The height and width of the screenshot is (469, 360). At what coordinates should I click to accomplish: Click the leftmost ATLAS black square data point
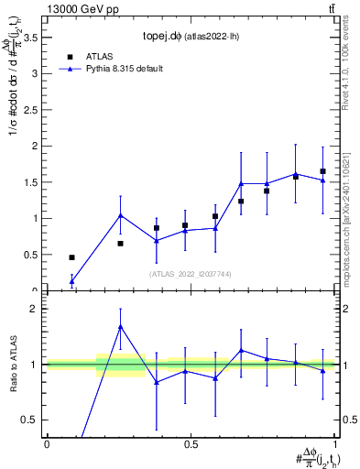(71, 257)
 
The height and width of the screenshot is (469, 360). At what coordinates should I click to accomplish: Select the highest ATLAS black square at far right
(322, 171)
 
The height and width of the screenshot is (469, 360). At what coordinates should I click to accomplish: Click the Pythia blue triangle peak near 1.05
(121, 216)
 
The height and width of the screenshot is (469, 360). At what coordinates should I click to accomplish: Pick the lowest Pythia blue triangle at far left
(71, 281)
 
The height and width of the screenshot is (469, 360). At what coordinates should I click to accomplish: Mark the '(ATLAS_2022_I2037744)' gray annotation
(190, 274)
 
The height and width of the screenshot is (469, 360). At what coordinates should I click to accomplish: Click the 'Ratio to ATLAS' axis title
(12, 365)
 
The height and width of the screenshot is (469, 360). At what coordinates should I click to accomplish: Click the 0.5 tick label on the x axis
(191, 444)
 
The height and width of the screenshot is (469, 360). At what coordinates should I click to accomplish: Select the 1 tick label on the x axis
(335, 444)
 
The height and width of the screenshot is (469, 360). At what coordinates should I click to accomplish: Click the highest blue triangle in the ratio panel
(121, 326)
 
